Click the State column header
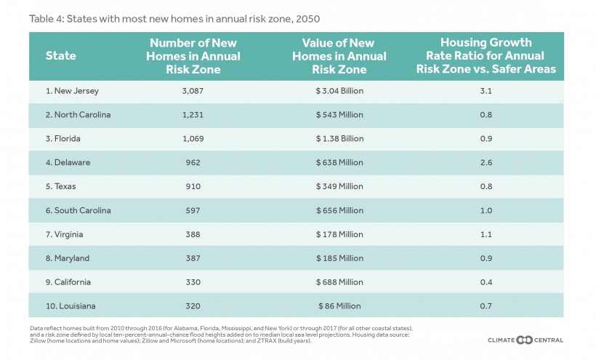click(61, 56)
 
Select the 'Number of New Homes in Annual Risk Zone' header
click(193, 56)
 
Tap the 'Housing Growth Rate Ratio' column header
click(486, 55)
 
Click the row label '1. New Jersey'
click(72, 91)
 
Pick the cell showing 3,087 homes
click(193, 91)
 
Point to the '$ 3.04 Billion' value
click(339, 91)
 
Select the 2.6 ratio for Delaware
click(486, 163)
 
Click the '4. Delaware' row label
click(68, 162)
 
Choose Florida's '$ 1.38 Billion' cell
click(339, 139)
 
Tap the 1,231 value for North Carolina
click(193, 115)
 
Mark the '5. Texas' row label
click(61, 186)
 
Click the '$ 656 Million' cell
click(339, 210)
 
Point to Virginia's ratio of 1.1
click(486, 235)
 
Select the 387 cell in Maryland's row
click(193, 258)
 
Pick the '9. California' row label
click(68, 282)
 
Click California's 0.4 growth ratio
click(486, 282)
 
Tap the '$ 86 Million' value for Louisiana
click(339, 306)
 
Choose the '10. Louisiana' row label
click(71, 306)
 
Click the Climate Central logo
click(525, 340)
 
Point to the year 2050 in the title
click(308, 19)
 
